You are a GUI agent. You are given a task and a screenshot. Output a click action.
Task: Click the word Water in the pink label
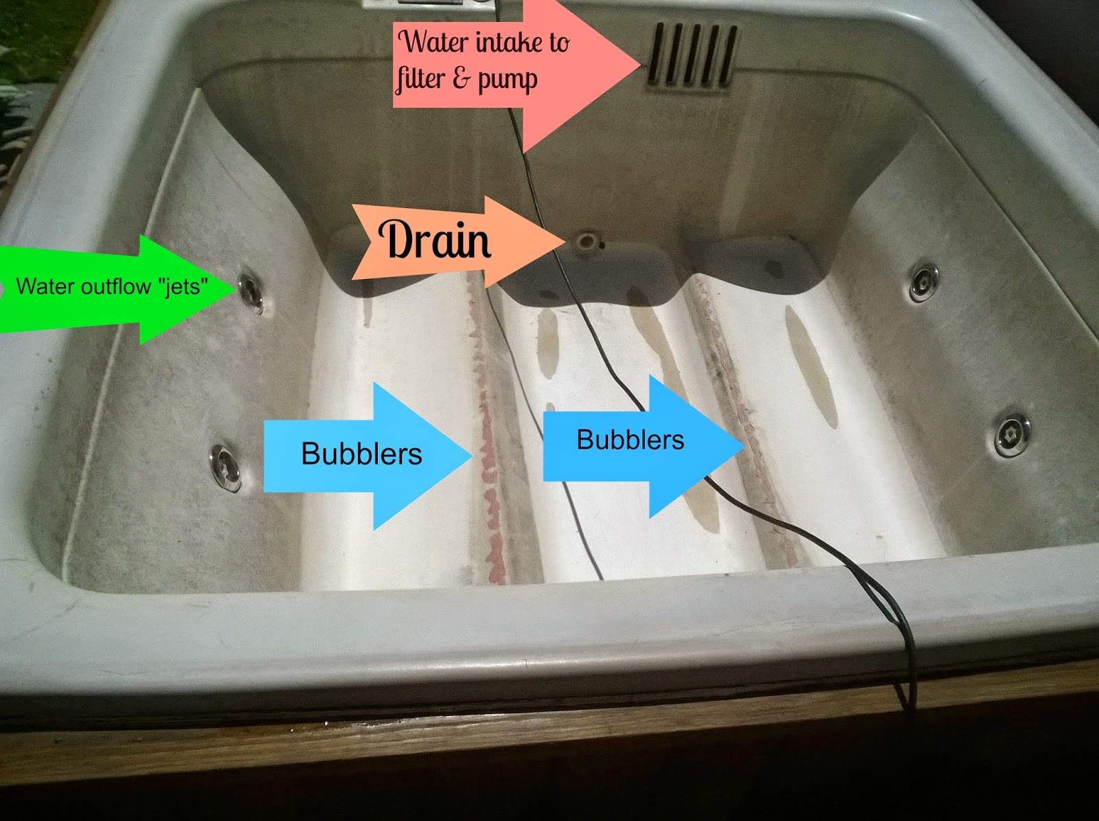tap(435, 42)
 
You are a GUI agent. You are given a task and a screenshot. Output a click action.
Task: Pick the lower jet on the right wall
tap(1012, 433)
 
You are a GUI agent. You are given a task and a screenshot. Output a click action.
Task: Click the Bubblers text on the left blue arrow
tap(361, 454)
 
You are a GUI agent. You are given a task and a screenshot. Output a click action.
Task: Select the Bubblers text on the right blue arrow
tap(630, 440)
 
